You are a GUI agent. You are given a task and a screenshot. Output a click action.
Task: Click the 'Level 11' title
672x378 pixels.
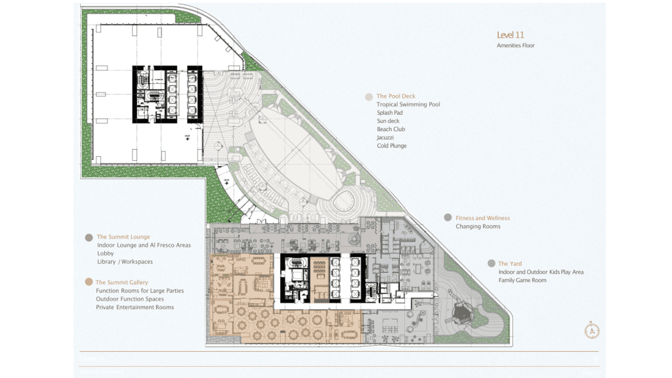click(511, 35)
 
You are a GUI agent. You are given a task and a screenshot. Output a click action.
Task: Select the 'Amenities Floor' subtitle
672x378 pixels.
click(516, 46)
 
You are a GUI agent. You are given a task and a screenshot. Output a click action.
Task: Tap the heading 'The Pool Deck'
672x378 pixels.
click(396, 96)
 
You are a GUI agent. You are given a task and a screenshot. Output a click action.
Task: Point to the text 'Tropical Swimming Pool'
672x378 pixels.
click(408, 104)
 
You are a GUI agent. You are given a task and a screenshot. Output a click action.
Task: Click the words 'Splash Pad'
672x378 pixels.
click(390, 113)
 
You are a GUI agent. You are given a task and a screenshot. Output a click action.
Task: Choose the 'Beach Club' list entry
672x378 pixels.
click(390, 129)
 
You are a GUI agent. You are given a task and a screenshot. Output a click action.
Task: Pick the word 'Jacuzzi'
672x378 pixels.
click(386, 138)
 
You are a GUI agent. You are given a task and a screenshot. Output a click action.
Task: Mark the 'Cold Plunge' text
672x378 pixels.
click(392, 146)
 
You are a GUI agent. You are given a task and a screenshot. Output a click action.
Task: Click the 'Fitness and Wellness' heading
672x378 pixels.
click(482, 218)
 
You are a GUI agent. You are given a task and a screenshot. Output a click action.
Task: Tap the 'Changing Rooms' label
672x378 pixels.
click(478, 226)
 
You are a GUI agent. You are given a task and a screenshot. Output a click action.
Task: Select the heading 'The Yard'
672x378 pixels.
click(510, 264)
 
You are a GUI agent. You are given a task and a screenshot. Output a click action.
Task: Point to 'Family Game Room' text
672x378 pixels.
click(522, 280)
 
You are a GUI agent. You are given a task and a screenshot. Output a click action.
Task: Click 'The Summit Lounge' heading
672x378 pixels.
click(123, 237)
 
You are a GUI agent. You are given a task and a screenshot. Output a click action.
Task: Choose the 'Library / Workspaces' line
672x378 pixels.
click(125, 262)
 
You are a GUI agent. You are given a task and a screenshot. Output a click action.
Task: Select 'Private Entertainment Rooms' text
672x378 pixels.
click(135, 307)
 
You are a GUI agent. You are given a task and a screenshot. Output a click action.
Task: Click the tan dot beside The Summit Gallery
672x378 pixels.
click(89, 282)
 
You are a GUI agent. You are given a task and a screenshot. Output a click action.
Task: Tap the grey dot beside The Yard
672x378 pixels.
click(492, 263)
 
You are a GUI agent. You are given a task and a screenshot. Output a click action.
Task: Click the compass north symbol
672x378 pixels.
click(593, 331)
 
